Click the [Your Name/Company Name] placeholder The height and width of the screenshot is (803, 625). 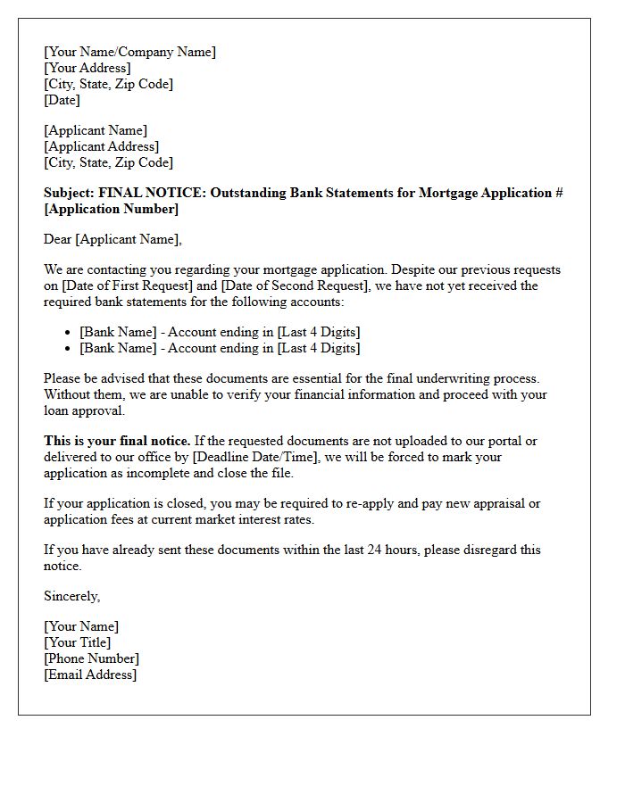tap(129, 52)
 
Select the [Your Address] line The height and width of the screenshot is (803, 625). tap(87, 68)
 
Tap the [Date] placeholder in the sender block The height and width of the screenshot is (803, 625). tap(62, 100)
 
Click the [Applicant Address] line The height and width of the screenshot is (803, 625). tap(101, 146)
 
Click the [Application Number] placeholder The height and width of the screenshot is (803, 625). tap(111, 209)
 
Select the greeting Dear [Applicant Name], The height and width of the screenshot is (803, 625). tap(112, 239)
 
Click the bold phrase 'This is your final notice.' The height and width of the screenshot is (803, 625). tap(117, 441)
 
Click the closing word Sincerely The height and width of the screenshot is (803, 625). tap(71, 596)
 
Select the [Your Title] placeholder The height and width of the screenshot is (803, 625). tap(78, 642)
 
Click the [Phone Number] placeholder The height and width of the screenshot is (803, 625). tap(91, 658)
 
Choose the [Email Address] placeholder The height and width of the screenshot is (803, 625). tap(90, 675)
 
